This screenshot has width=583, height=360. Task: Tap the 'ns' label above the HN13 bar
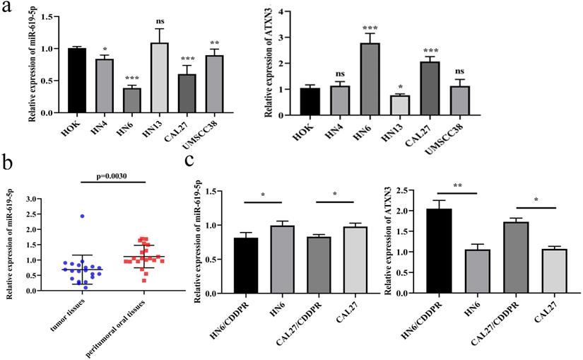coord(182,23)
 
